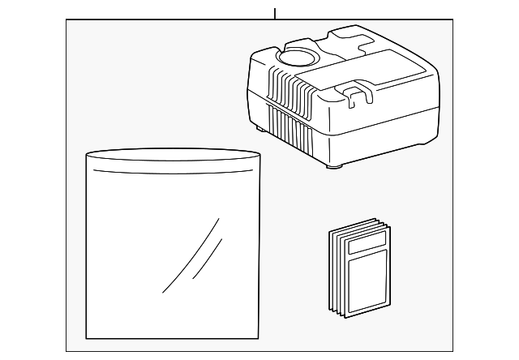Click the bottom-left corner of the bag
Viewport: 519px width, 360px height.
88,336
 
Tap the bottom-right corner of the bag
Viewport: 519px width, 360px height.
258,336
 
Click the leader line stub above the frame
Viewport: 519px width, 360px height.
275,13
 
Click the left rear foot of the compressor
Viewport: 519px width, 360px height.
260,126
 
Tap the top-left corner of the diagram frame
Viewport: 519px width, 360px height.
66,20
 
